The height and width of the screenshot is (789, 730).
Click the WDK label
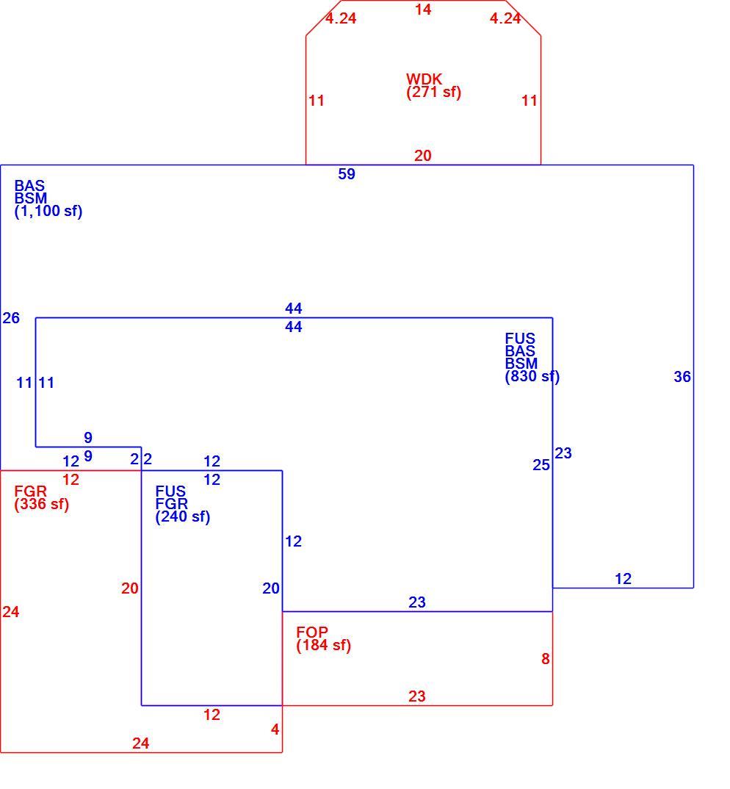coord(424,79)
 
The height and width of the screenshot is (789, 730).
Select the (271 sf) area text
coord(434,92)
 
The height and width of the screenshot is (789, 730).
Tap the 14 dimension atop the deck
coord(423,9)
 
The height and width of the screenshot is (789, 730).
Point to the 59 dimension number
coord(347,174)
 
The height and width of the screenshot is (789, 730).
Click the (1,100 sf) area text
coord(48,211)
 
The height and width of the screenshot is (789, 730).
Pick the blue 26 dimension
coord(11,318)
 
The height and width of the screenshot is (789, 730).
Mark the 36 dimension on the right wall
coord(682,377)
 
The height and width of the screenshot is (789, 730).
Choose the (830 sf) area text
coord(532,376)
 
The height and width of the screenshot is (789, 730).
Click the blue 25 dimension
coord(541,465)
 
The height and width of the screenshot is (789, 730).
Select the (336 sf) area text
coord(42,504)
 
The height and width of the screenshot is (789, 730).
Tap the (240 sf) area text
coord(183,516)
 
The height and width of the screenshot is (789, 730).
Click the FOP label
coord(312,632)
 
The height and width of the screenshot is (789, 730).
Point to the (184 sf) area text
coord(323,645)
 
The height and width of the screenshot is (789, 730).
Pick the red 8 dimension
coord(546,659)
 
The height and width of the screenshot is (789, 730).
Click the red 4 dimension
coord(275,729)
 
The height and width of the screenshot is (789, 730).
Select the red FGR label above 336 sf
coord(30,491)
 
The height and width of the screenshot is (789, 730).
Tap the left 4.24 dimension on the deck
coord(341,18)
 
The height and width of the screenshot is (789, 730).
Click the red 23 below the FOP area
coord(417,696)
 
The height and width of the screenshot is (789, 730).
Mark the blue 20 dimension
coord(271,588)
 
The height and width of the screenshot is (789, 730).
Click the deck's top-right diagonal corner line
coord(523,18)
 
